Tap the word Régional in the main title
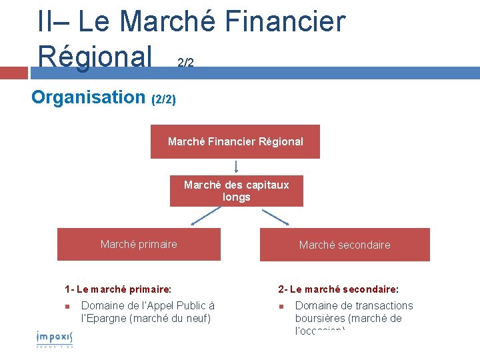coord(95,56)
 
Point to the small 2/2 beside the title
coord(185,63)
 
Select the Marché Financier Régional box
coord(235,141)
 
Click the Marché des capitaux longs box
coord(236,191)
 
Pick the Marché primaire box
coord(139,244)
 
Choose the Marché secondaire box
coord(345,245)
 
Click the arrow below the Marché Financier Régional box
coord(236,167)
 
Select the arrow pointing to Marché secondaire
coord(275,217)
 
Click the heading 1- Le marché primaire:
coord(118,289)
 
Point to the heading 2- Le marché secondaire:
coord(339,289)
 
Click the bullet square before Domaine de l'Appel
coord(68,307)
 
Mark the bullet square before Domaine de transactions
coord(282,307)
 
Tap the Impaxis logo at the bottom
coord(54,338)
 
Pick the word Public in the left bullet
coord(191,305)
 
